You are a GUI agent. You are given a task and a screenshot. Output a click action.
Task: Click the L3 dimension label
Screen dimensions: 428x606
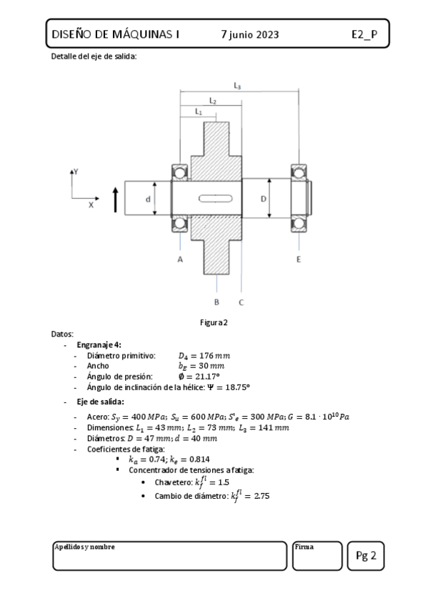click(x=237, y=86)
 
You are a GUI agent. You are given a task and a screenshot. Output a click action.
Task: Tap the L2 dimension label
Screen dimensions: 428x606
click(x=213, y=101)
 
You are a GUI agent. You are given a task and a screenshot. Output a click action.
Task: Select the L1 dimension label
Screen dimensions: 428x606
click(x=199, y=111)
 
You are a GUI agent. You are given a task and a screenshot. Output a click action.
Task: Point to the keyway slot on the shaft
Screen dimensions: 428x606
click(x=216, y=199)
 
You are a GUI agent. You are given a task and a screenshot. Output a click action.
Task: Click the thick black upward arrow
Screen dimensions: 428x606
click(x=115, y=200)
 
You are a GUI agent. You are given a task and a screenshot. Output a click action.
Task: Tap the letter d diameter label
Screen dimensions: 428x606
click(x=148, y=199)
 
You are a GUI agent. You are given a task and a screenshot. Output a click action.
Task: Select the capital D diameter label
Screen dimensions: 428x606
click(x=264, y=199)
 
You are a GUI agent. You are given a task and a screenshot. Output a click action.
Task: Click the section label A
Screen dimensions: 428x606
click(x=180, y=259)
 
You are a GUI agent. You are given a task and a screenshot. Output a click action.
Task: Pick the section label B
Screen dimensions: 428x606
click(x=217, y=302)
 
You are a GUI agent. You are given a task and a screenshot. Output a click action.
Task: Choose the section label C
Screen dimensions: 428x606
click(x=241, y=302)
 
